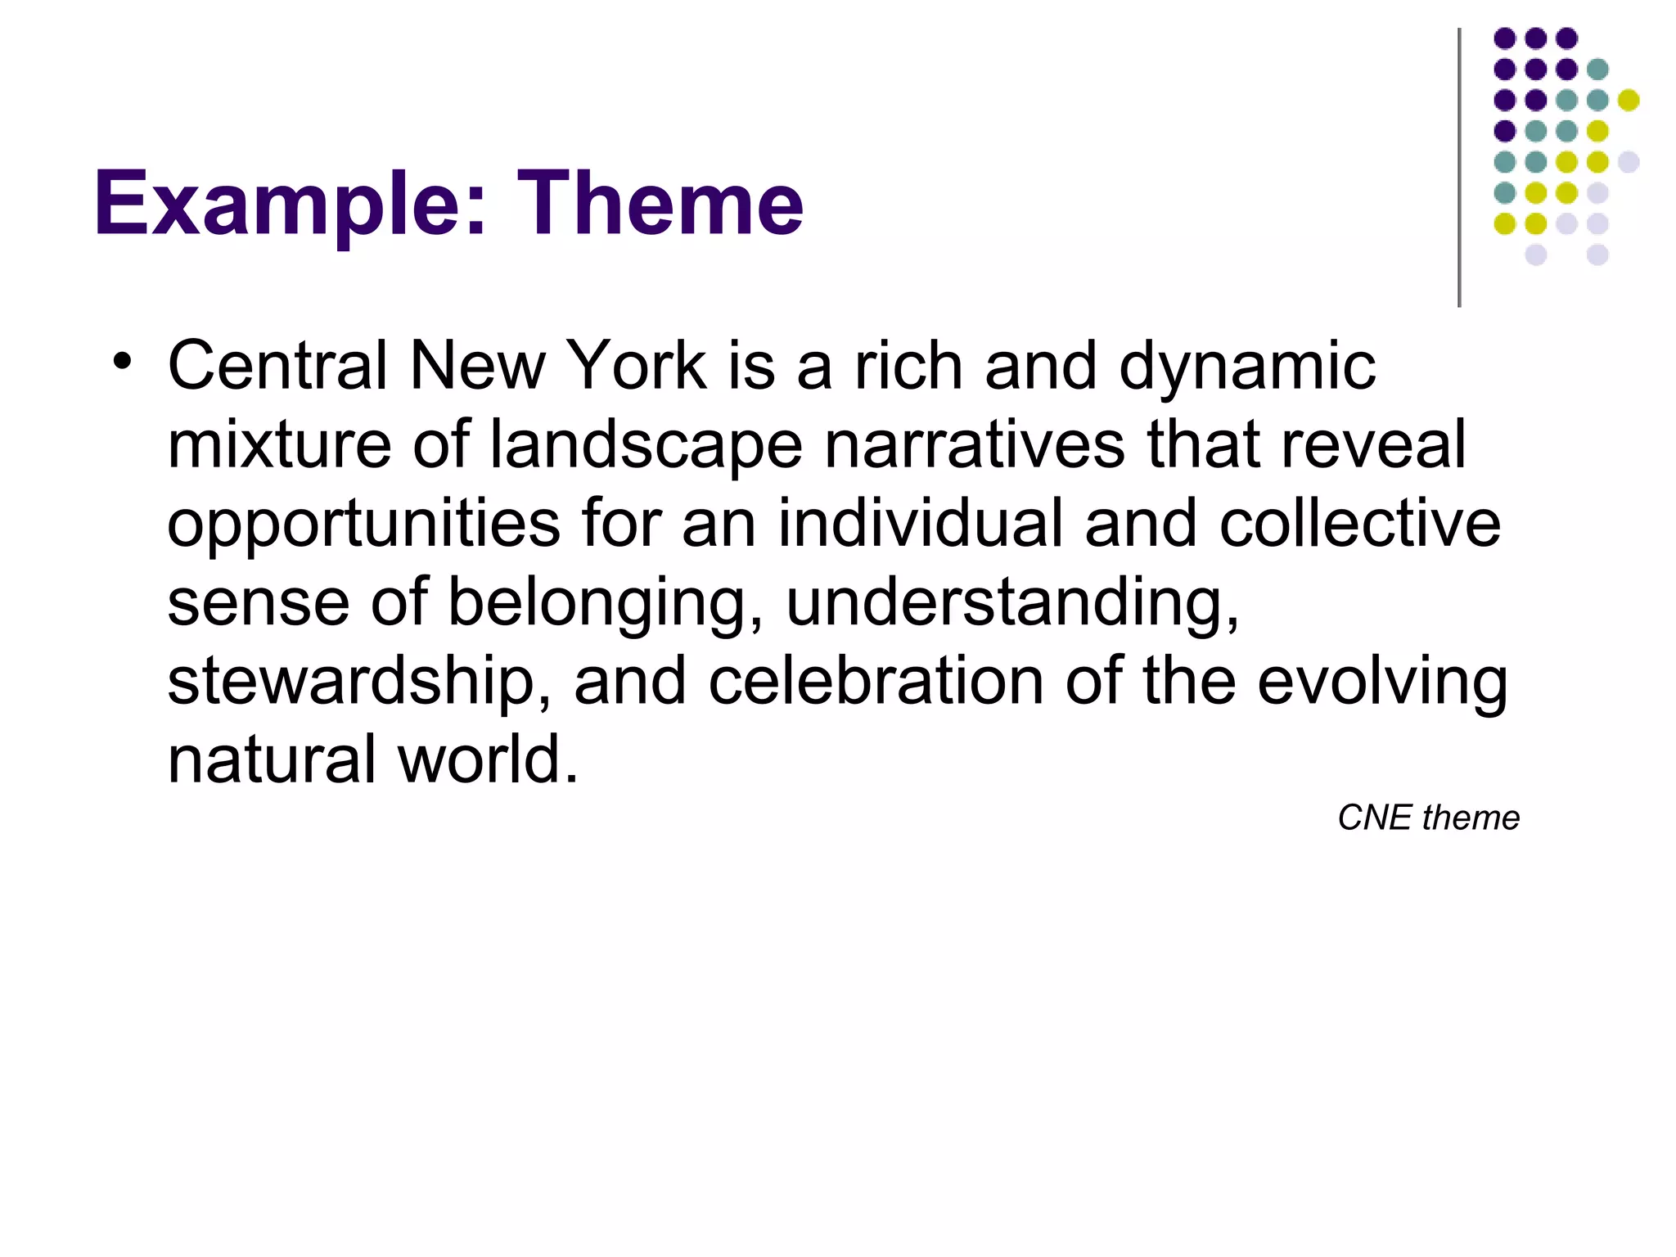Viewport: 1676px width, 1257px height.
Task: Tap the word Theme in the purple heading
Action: pos(660,203)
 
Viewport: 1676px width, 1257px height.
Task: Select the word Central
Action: pos(277,366)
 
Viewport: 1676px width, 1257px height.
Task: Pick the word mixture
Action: pos(279,444)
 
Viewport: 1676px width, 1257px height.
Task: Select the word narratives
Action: pos(975,444)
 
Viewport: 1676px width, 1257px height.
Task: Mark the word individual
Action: pos(921,523)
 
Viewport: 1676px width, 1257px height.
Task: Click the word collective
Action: pos(1359,523)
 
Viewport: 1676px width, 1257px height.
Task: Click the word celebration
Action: pos(876,681)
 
